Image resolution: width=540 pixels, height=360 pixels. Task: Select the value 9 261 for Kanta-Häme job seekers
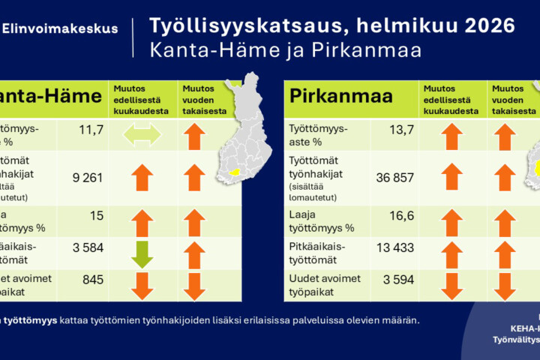pyautogui.click(x=86, y=178)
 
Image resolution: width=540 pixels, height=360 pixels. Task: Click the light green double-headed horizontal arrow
pyautogui.click(x=142, y=135)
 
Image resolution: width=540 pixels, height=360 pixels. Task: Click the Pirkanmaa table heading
pyautogui.click(x=331, y=97)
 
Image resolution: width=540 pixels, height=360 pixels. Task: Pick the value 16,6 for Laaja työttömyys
pyautogui.click(x=400, y=217)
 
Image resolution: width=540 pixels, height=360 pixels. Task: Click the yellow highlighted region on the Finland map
pyautogui.click(x=234, y=171)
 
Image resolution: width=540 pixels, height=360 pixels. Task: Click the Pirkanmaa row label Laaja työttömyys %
pyautogui.click(x=321, y=221)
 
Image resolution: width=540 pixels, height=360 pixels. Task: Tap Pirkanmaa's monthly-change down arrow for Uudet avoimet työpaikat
pyautogui.click(x=451, y=285)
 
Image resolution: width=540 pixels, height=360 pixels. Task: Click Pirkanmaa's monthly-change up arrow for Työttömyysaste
pyautogui.click(x=451, y=136)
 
